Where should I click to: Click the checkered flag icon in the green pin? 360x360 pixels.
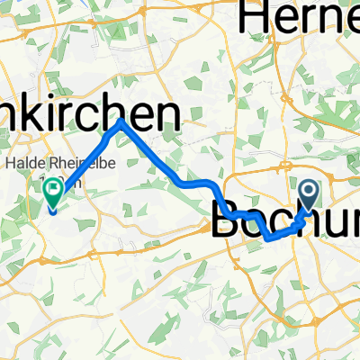(x=52, y=189)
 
